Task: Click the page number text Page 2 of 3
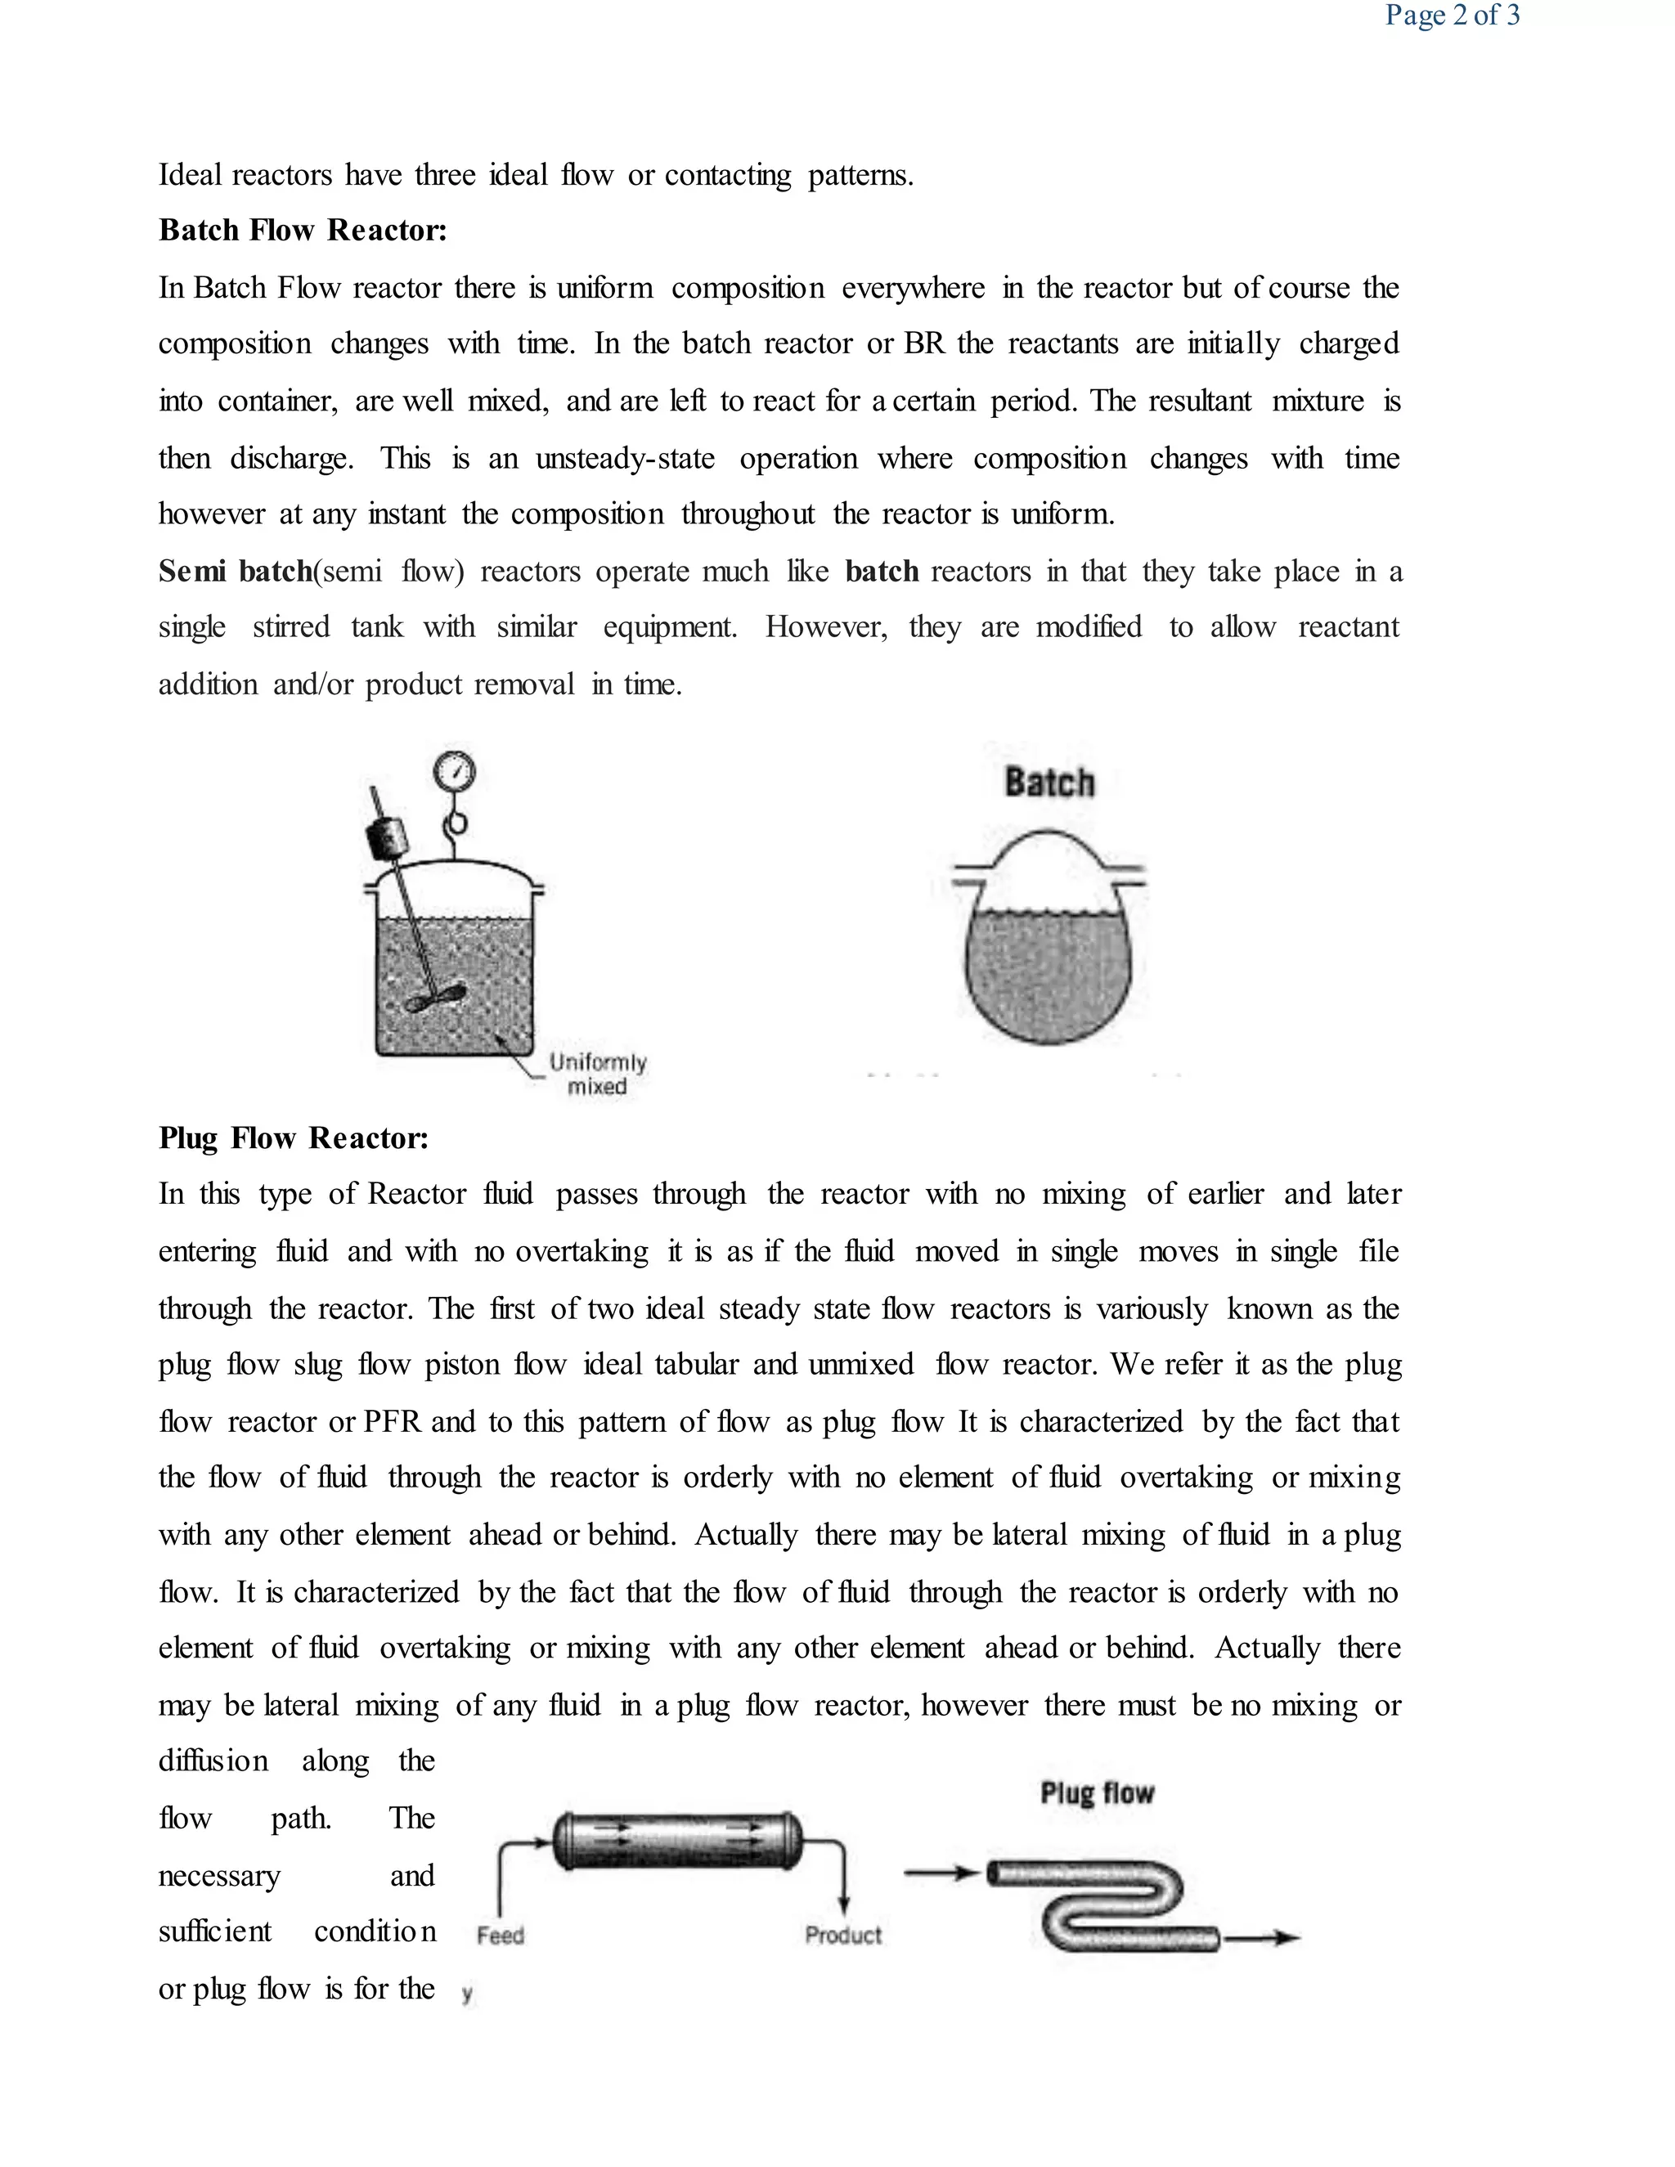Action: click(x=1452, y=15)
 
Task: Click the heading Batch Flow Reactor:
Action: click(x=303, y=231)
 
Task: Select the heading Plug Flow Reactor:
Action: click(x=294, y=1138)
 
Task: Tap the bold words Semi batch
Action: click(x=236, y=572)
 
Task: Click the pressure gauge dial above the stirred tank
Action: click(x=455, y=772)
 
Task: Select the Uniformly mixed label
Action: click(x=597, y=1074)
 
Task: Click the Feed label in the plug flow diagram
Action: click(x=500, y=1936)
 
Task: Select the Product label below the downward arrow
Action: click(x=842, y=1935)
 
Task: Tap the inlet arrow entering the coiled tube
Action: click(x=941, y=1873)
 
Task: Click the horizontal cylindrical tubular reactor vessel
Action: click(x=678, y=1842)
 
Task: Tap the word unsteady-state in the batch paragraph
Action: click(x=625, y=459)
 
